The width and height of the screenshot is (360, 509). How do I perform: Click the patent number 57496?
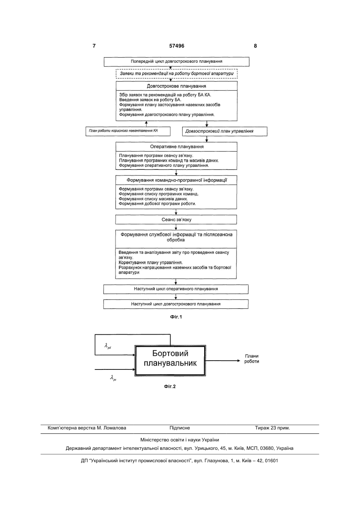pos(177,46)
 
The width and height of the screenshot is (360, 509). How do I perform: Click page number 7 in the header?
pos(94,46)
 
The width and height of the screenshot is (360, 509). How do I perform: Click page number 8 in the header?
pos(255,46)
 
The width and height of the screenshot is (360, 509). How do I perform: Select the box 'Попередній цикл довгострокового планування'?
pos(177,62)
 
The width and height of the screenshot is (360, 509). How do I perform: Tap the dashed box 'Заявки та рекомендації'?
pos(177,74)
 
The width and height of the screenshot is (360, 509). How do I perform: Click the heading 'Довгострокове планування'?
pos(177,86)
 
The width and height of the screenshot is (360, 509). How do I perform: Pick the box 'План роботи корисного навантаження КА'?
pos(128,131)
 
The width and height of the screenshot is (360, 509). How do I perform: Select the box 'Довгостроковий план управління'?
pos(225,131)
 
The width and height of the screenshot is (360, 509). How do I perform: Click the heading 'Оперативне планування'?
pos(177,147)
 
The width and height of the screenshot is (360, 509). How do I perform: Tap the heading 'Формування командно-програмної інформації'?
pos(177,180)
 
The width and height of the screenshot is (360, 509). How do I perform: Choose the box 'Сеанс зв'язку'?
pos(176,220)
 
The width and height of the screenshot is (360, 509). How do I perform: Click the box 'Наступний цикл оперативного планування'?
pos(176,289)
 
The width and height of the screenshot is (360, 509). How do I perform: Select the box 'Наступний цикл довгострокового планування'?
pos(176,304)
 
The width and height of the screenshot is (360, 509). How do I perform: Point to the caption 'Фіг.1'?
pos(176,317)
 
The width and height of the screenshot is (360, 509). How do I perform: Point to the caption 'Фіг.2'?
pos(170,386)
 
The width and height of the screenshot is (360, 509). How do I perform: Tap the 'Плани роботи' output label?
pos(252,359)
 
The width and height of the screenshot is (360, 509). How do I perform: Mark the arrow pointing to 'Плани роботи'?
pos(223,361)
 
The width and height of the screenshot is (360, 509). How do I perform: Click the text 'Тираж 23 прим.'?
pos(272,428)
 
